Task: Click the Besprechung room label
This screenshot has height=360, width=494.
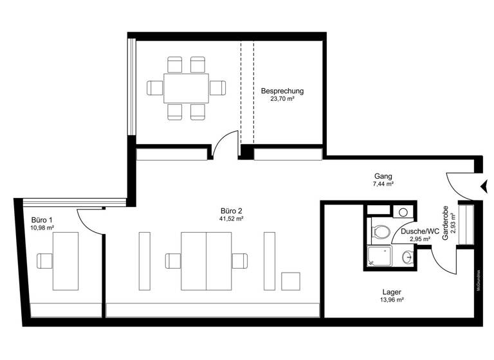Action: coord(282,91)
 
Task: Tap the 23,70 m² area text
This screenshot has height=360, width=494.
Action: coord(282,100)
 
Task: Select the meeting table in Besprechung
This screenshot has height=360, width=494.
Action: coord(186,88)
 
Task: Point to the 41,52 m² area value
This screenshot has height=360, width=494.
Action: coord(231,219)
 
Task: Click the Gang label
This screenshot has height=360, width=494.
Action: coord(383,175)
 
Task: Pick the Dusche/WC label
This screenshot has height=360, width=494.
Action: coord(419,231)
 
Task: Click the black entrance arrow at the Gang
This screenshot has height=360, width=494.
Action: coord(482,186)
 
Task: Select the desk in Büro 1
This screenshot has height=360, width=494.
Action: coord(65,261)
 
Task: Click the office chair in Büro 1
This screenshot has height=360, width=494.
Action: coord(45,261)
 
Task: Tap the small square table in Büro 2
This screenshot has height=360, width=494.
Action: coord(291,282)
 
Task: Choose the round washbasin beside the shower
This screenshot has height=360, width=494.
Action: coord(407,258)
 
